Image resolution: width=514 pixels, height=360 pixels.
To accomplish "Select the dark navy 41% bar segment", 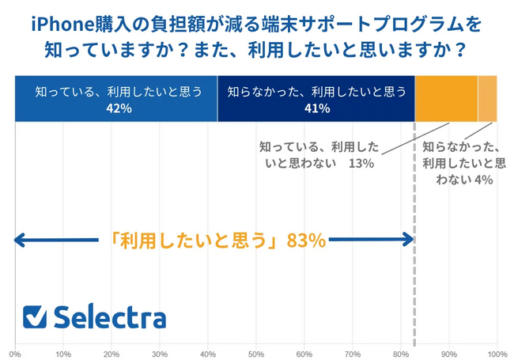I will coord(316,99).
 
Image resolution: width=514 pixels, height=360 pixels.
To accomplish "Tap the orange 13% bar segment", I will coord(446,99).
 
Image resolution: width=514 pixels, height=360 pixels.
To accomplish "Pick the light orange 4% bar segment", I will coord(487,99).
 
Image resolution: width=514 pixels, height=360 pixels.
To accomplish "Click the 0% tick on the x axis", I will coord(15,353).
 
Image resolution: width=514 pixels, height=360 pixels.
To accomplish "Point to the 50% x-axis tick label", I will coord(256,353).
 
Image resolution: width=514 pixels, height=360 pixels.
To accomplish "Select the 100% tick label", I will coord(497,353).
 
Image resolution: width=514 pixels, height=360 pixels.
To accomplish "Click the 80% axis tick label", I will coord(401,353).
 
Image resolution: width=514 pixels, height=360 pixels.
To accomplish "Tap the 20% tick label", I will coord(111,353).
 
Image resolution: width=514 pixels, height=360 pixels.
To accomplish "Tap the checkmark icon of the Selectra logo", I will coord(34,316).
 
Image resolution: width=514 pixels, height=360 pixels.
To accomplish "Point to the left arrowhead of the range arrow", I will coord(19,240).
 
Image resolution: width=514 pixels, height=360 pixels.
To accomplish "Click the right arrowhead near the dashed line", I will coord(408,240).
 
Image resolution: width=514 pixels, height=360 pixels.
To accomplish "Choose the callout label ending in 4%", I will coord(463,163).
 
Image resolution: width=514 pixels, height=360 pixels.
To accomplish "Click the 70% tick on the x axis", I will coord(353,353).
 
